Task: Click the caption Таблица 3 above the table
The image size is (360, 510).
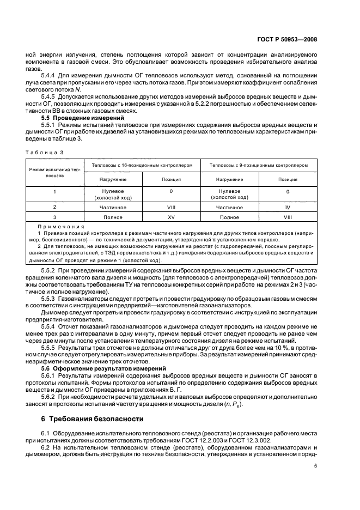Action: [41, 153]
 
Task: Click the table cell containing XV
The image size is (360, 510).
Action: [171, 217]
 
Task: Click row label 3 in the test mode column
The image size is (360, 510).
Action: [54, 217]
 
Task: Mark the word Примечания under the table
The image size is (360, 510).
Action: [61, 226]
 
